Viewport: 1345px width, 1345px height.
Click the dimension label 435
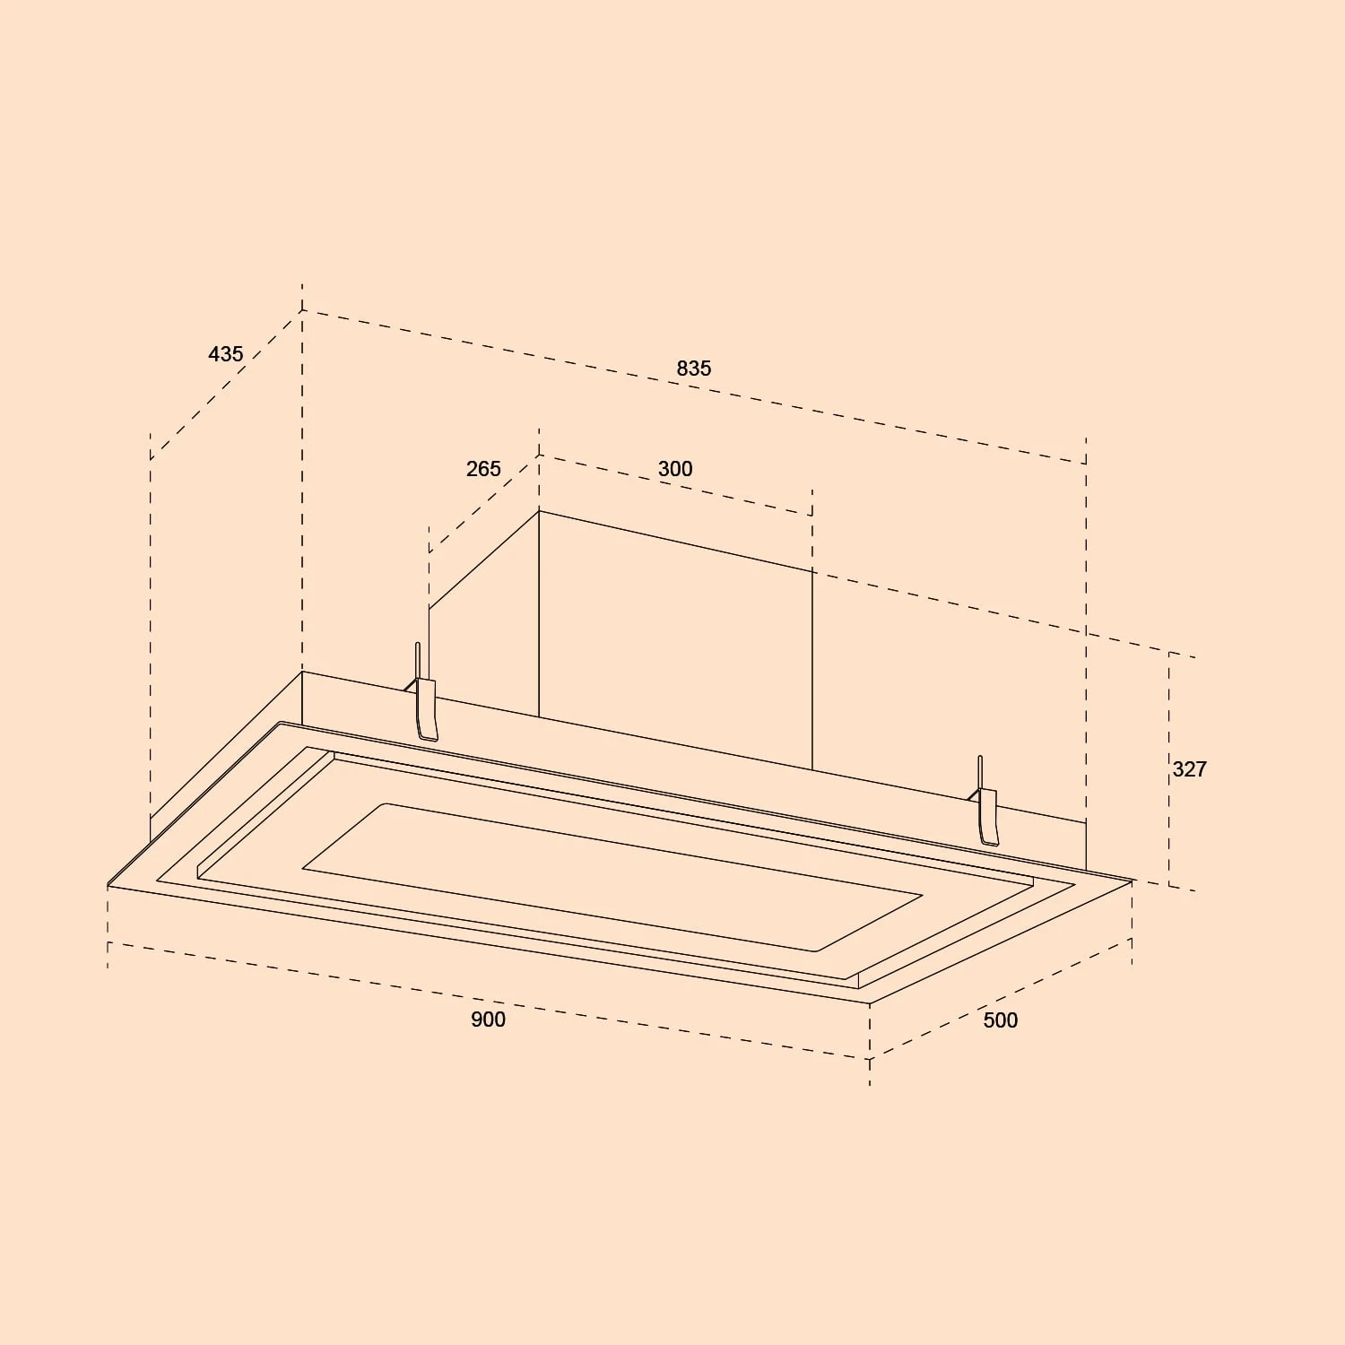click(x=225, y=354)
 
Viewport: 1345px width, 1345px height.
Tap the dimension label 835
click(x=693, y=369)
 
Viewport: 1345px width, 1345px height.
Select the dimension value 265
click(x=483, y=469)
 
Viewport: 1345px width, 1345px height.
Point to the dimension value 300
click(x=675, y=469)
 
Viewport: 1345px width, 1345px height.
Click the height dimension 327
click(x=1189, y=769)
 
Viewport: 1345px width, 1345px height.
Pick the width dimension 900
click(x=488, y=1020)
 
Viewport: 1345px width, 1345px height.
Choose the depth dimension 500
click(x=1000, y=1020)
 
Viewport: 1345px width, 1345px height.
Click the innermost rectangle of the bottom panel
click(x=610, y=874)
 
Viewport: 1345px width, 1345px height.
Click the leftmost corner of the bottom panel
click(x=108, y=886)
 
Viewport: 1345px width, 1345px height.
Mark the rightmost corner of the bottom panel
click(x=1132, y=881)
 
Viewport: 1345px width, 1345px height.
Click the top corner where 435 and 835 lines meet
click(x=302, y=311)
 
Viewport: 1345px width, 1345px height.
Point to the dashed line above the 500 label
click(x=1000, y=998)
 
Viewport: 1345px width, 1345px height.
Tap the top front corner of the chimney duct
click(x=539, y=511)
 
